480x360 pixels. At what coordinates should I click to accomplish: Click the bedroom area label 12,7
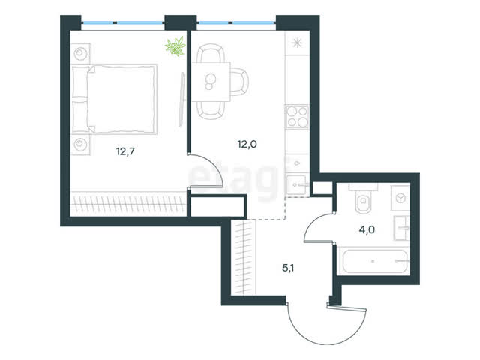pos(125,151)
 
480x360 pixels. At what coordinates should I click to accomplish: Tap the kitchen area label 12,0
pos(247,144)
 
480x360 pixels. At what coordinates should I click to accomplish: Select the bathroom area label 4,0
pos(367,229)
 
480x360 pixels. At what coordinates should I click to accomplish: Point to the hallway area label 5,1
pos(288,268)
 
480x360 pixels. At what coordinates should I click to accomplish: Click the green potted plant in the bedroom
pos(175,46)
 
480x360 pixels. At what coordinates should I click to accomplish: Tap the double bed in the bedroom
pos(114,99)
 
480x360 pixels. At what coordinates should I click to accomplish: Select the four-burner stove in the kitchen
pos(297,116)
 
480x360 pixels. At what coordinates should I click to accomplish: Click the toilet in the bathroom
pos(363,199)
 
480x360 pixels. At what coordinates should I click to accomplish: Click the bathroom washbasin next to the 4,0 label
pos(401,228)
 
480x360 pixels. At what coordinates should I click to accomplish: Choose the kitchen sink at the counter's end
pos(296,184)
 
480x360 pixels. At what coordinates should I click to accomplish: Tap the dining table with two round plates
pos(211,82)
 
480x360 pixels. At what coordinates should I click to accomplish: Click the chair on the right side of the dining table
pos(240,82)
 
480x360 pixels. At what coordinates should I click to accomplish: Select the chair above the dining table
pos(211,53)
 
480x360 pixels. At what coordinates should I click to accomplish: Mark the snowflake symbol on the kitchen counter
pos(297,43)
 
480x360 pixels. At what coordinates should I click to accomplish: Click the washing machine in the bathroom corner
pos(400,198)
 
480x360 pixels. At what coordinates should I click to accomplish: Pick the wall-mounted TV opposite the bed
pos(181,100)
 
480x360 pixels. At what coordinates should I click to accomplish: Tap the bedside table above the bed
pos(80,54)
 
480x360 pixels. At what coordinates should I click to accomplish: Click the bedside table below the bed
pos(80,144)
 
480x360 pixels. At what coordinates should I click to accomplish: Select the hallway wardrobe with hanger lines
pos(243,258)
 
